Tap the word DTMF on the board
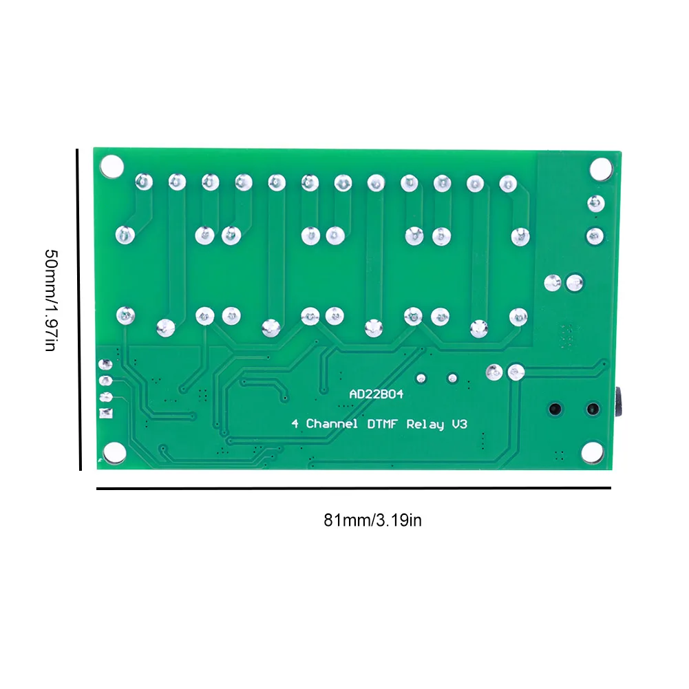point(382,424)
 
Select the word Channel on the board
point(332,424)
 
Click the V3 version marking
point(459,424)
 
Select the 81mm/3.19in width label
point(372,520)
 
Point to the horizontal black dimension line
point(353,489)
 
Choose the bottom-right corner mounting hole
point(591,452)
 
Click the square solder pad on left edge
point(105,413)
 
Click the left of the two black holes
point(553,410)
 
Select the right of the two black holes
point(591,410)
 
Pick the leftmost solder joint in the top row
point(142,182)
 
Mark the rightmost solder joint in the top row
point(507,183)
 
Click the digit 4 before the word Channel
point(295,424)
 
